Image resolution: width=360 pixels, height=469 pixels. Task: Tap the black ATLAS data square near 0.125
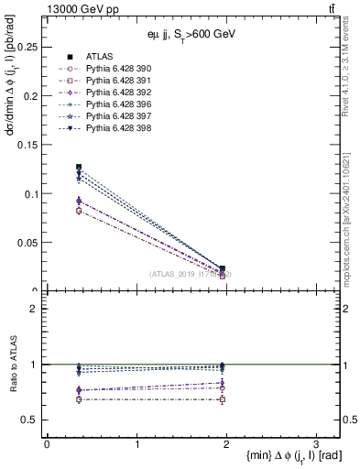(79, 168)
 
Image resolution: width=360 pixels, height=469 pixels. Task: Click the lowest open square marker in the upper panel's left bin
(79, 211)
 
